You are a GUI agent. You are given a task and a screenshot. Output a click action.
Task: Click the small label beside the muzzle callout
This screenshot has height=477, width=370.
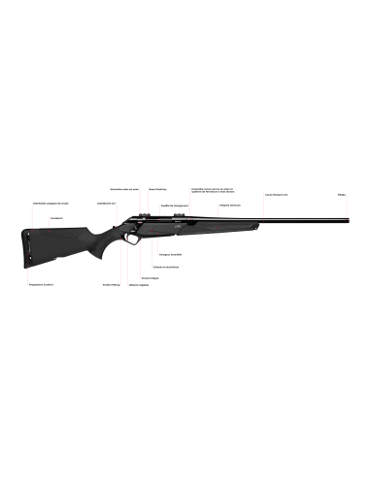point(341,195)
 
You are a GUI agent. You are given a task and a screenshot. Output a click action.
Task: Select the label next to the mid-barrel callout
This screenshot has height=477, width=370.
point(278,195)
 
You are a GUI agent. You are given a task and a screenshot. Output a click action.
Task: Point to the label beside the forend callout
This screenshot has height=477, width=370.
point(229,206)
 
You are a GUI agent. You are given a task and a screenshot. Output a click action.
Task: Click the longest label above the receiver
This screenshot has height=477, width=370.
point(212,191)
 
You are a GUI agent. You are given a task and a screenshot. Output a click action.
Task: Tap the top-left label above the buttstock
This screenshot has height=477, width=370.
point(51,204)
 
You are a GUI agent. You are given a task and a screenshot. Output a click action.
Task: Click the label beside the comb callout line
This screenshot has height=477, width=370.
point(57,218)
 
